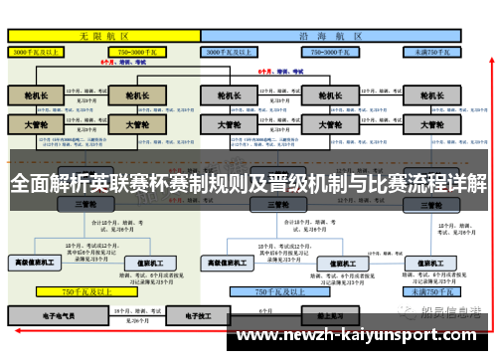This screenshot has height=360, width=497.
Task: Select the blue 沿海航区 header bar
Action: [x=331, y=34]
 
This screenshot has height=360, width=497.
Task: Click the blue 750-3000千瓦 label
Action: [x=328, y=50]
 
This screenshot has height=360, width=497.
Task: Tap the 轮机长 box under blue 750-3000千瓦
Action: [x=328, y=95]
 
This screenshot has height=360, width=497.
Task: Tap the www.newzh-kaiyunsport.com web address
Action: [x=359, y=336]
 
